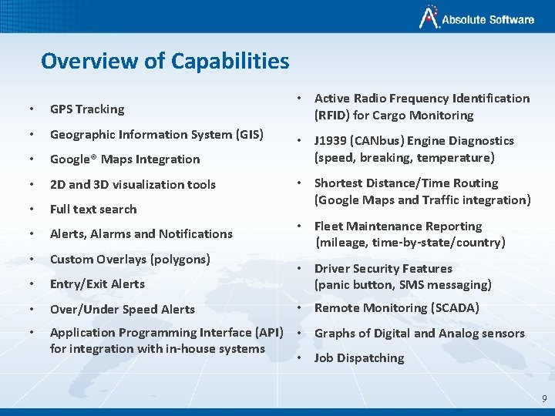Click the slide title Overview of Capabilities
(165, 61)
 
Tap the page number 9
(544, 398)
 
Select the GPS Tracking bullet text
(87, 109)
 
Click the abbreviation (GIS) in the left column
(248, 134)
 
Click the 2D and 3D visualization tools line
(133, 184)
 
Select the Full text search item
(93, 209)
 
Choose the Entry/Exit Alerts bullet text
(97, 283)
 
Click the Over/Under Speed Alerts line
(123, 309)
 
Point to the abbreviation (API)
(268, 333)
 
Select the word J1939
(332, 141)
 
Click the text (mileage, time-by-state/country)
(410, 243)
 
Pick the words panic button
(354, 285)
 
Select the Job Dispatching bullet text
(359, 358)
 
